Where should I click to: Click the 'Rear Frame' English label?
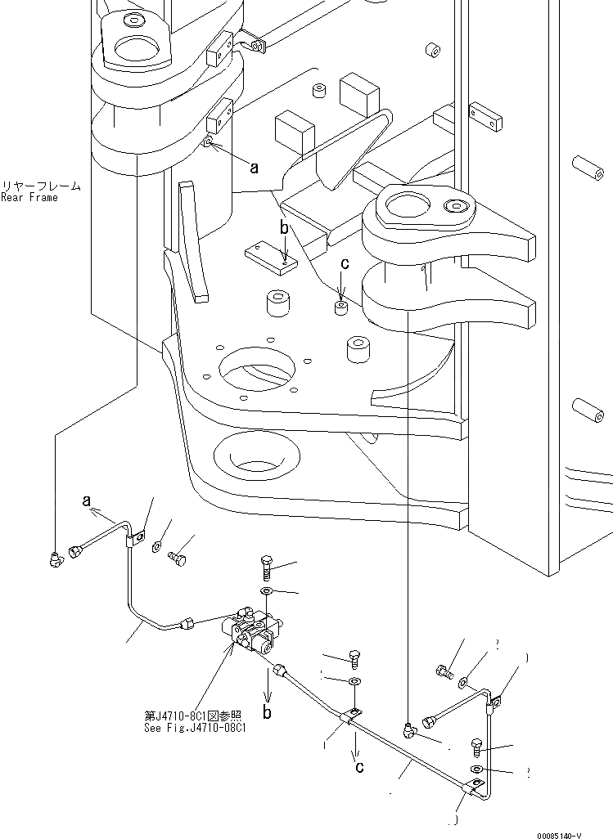29,197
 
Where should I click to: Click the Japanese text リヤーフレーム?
41,186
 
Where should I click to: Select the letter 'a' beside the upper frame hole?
254,168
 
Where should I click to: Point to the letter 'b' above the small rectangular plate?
283,229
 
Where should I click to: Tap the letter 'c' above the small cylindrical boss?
345,263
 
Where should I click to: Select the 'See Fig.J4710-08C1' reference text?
197,725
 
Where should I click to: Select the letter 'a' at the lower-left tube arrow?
86,501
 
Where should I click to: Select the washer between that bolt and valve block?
268,591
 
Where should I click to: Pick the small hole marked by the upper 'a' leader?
209,144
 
